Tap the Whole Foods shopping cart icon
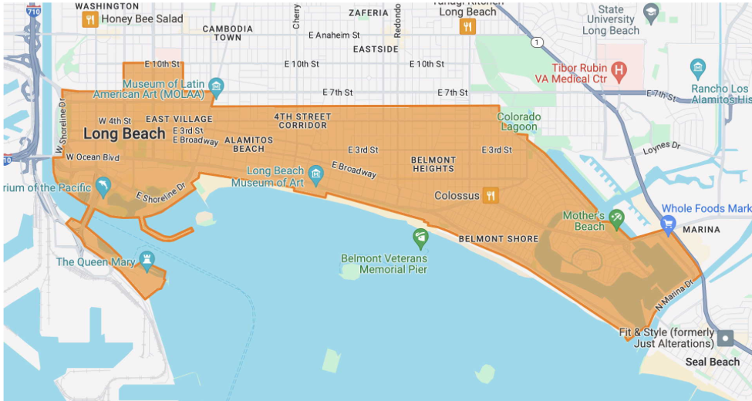(668, 224)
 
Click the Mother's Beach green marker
(615, 219)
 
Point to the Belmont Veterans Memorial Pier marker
(420, 237)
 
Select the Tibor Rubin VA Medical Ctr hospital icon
(617, 71)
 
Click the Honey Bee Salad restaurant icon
(90, 19)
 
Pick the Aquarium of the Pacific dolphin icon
(103, 186)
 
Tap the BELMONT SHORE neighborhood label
(498, 239)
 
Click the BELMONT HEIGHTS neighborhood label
(433, 164)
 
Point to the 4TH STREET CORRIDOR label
(302, 121)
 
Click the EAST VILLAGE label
(179, 119)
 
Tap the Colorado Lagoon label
(518, 122)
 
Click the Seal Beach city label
(713, 362)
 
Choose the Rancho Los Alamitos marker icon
(698, 67)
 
